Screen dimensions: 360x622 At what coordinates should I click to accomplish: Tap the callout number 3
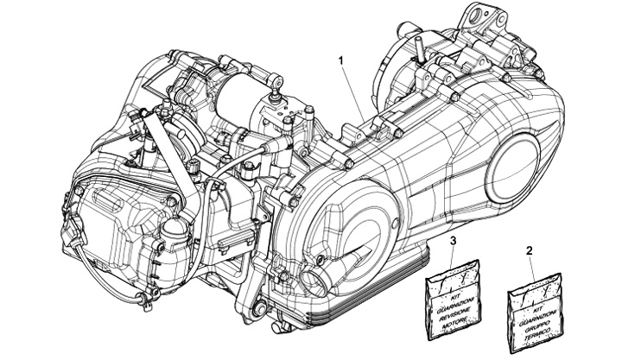tap(453, 238)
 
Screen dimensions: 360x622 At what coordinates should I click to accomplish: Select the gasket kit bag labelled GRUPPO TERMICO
tap(532, 301)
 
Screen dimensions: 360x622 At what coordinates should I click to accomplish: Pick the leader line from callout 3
tap(454, 256)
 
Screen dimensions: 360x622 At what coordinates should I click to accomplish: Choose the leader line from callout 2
tap(530, 264)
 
